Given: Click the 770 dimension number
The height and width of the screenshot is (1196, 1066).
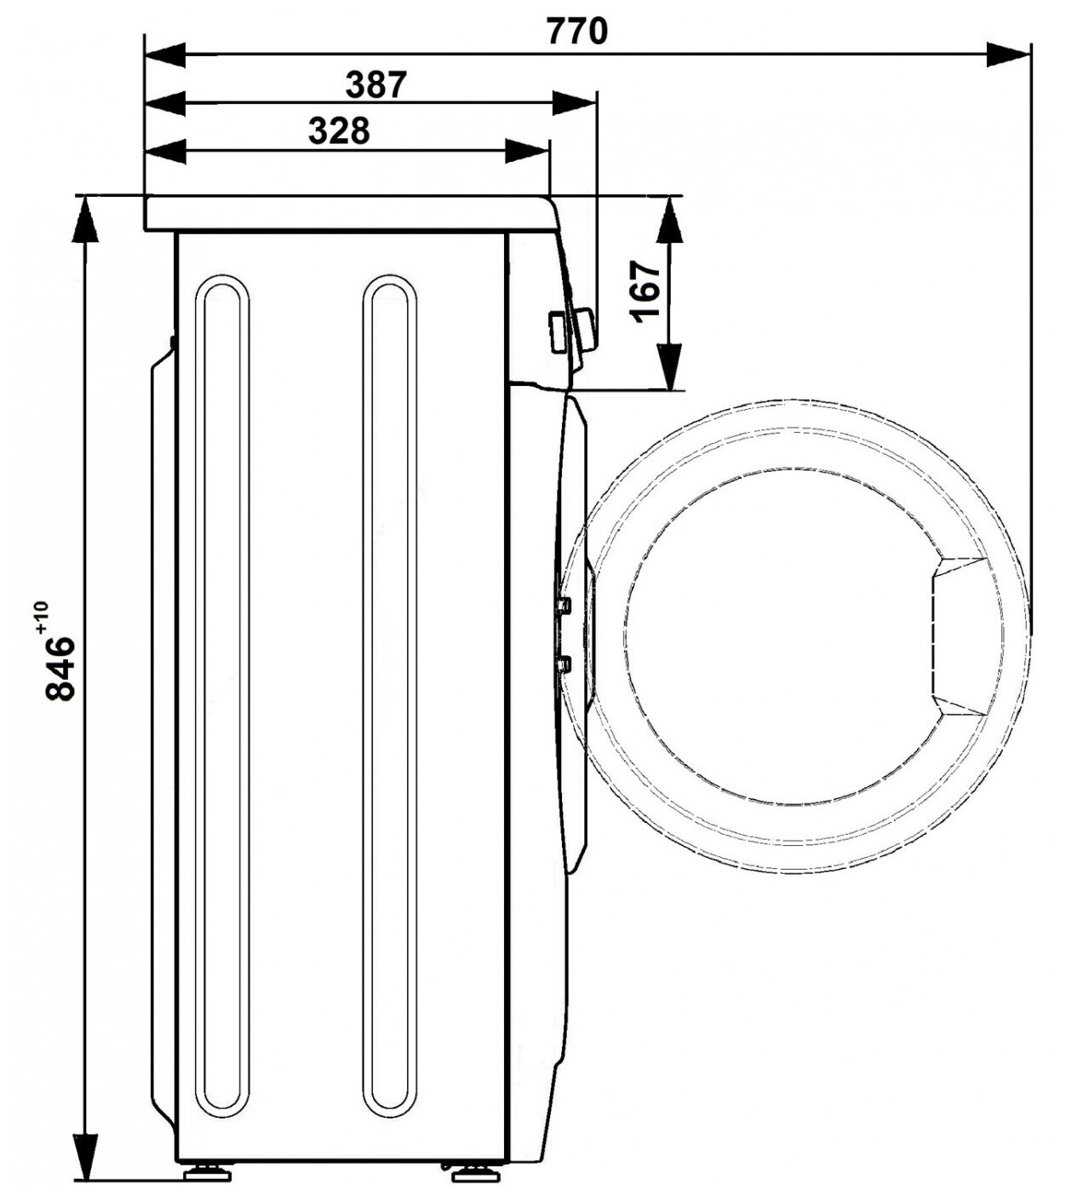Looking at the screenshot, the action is click(x=576, y=32).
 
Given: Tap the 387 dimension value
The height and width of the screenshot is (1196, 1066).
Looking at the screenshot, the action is click(x=376, y=84).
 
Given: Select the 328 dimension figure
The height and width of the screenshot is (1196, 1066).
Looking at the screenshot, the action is click(x=339, y=130).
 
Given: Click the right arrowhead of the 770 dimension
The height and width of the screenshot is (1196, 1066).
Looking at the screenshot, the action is click(x=1007, y=55).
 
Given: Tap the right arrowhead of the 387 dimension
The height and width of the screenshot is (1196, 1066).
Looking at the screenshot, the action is click(x=573, y=103).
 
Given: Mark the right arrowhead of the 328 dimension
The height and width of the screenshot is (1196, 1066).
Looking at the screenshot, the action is click(x=526, y=152).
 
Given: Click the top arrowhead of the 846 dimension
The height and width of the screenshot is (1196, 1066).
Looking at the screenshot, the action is click(x=85, y=220).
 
